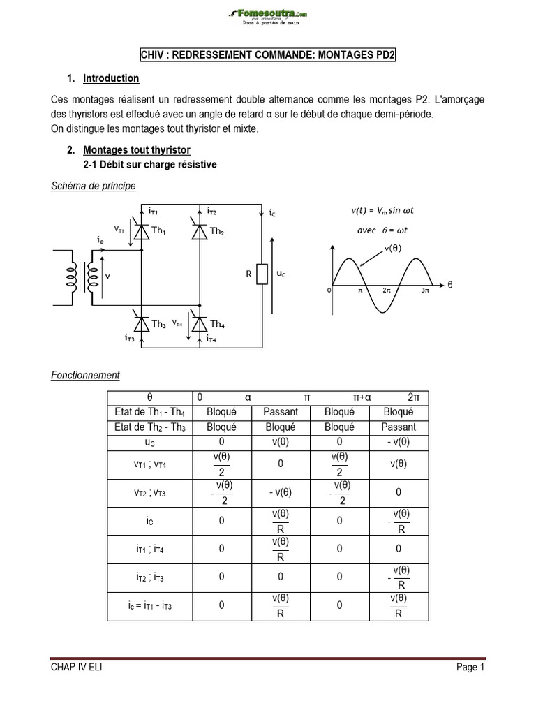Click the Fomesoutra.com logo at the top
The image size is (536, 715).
[268, 15]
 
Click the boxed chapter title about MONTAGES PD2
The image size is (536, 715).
[268, 55]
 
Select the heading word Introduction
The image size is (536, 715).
[111, 78]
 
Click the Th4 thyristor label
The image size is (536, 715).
[217, 324]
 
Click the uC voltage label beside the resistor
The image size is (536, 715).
[281, 274]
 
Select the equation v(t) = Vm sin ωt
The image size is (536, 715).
[386, 210]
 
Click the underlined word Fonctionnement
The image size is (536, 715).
[85, 375]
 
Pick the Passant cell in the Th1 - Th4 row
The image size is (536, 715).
[281, 412]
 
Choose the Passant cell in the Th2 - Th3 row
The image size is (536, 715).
[399, 427]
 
